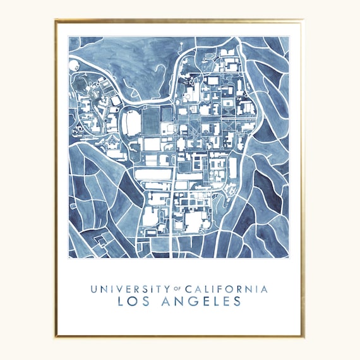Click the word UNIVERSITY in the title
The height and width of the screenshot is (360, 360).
(x=127, y=289)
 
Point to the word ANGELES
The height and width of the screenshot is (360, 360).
(x=201, y=302)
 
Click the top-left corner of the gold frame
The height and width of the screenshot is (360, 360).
(x=56, y=20)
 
